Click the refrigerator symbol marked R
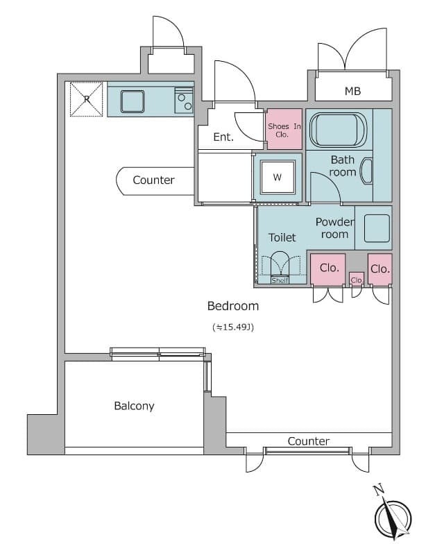click(x=86, y=99)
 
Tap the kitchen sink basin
click(x=133, y=101)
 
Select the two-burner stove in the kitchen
click(x=184, y=101)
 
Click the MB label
click(x=353, y=91)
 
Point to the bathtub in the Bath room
click(x=339, y=130)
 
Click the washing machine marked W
click(x=278, y=177)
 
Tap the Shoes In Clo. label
click(x=284, y=130)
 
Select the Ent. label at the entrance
click(x=223, y=137)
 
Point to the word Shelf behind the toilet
click(x=280, y=280)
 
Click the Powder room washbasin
click(x=377, y=228)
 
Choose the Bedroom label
click(x=233, y=306)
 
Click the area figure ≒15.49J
click(x=233, y=327)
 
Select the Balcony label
click(x=134, y=406)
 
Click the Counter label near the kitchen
click(x=153, y=180)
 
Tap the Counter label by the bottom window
click(x=309, y=441)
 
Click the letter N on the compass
click(x=379, y=490)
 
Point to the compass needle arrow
click(x=393, y=518)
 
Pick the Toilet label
click(x=282, y=237)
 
